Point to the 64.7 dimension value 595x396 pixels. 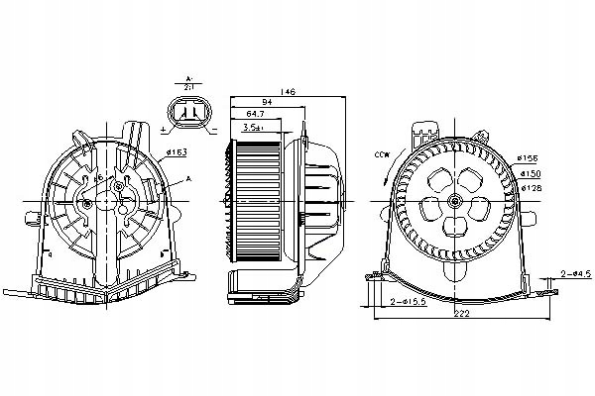[x=254, y=115]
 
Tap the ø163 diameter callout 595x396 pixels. [x=177, y=151]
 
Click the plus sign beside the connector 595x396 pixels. [x=164, y=129]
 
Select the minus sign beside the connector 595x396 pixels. [x=213, y=129]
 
